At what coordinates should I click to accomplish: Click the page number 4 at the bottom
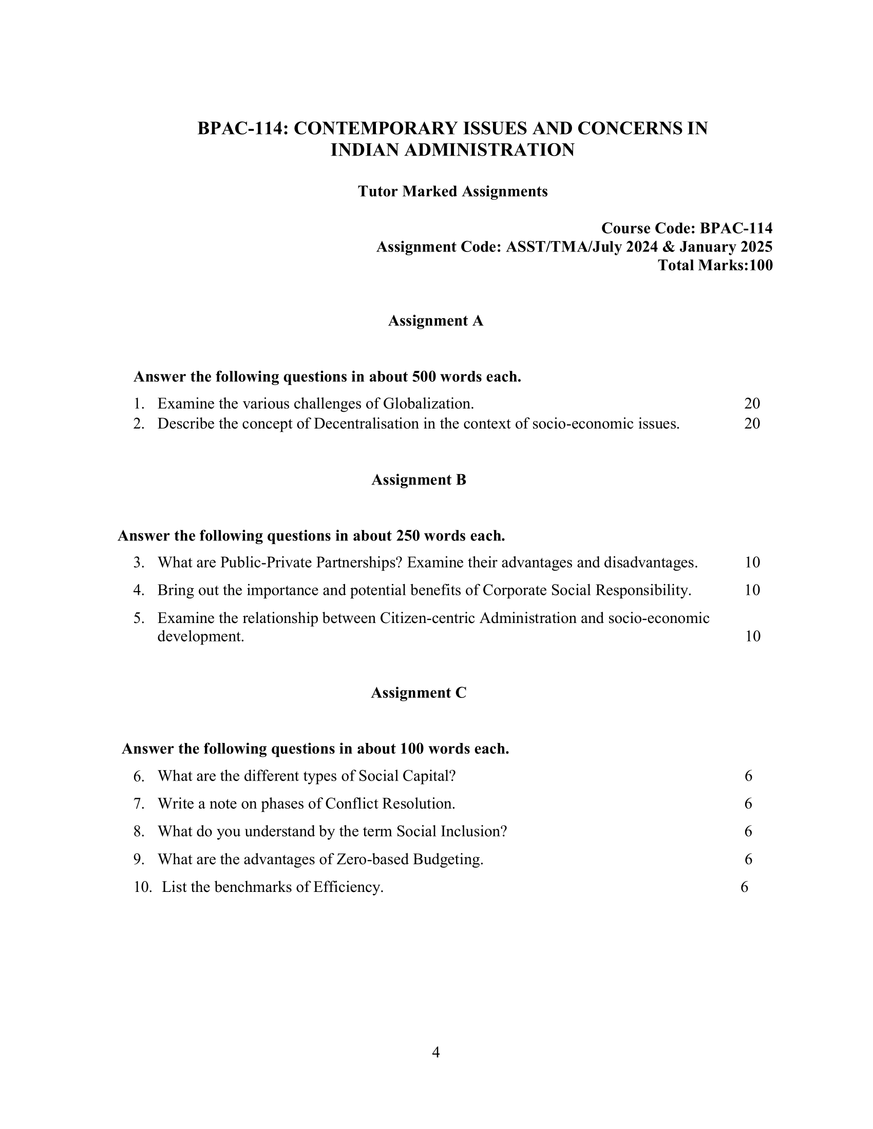pyautogui.click(x=435, y=1052)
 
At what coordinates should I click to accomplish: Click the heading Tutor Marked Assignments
pyautogui.click(x=452, y=191)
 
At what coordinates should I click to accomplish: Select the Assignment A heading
pyautogui.click(x=435, y=321)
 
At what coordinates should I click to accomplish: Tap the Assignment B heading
pyautogui.click(x=419, y=480)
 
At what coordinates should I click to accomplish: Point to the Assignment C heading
pyautogui.click(x=419, y=693)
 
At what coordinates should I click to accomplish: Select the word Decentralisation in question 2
pyautogui.click(x=366, y=423)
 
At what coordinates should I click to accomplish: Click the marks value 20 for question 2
pyautogui.click(x=752, y=423)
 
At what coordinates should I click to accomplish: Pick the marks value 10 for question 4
pyautogui.click(x=752, y=590)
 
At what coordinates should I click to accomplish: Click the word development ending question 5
pyautogui.click(x=200, y=636)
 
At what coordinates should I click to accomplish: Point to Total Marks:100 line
pyautogui.click(x=715, y=265)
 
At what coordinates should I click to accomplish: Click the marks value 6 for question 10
pyautogui.click(x=744, y=887)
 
